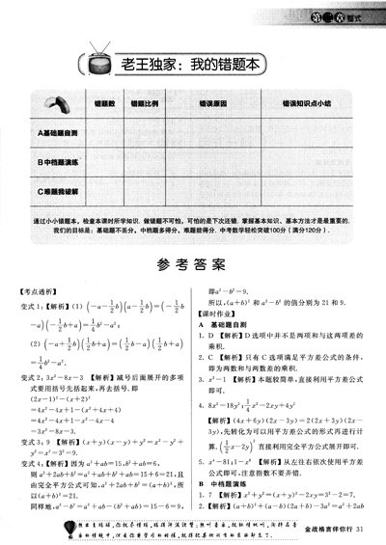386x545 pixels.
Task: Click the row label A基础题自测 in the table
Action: (60, 130)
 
